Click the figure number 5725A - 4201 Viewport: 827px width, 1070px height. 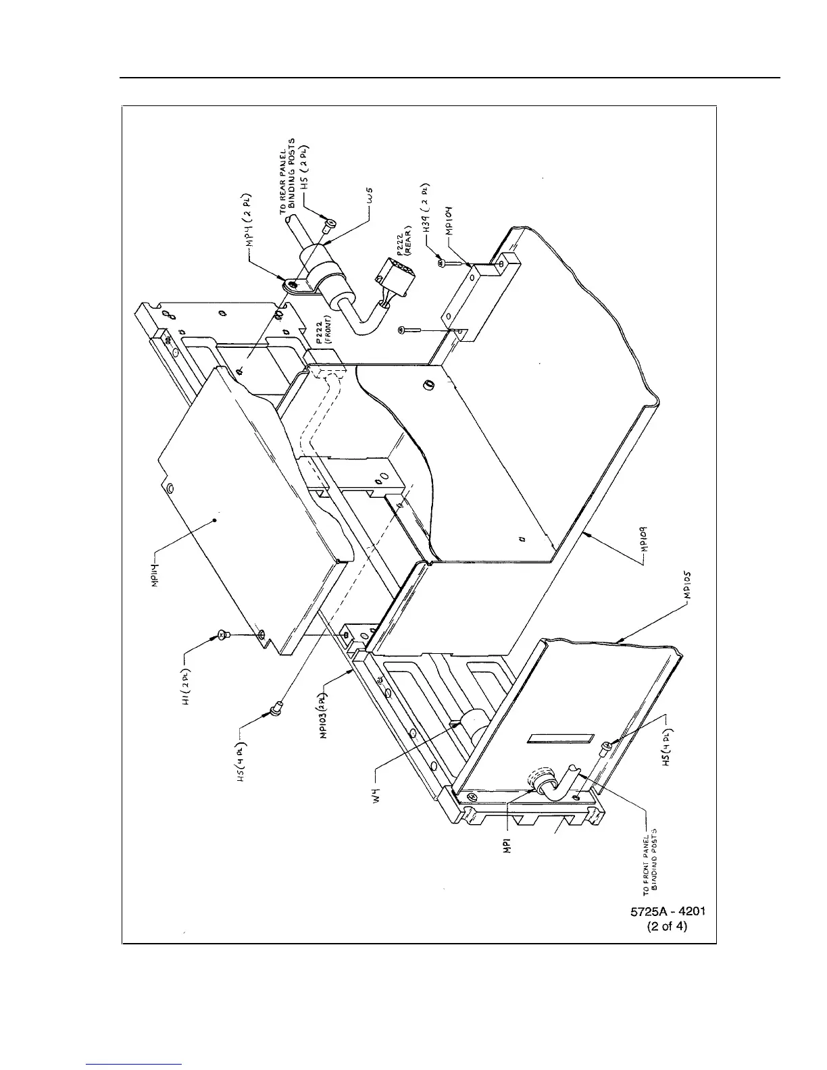[x=668, y=911]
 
